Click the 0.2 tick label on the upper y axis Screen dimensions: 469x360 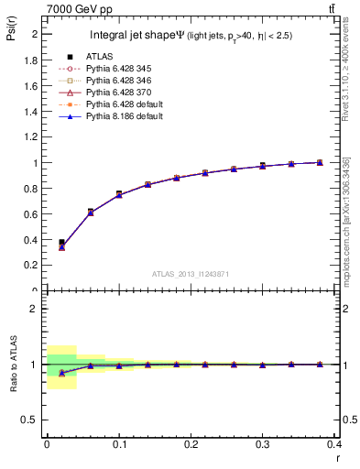point(27,266)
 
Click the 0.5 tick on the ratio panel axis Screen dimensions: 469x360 point(28,420)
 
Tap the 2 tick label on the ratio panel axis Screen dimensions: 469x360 point(32,309)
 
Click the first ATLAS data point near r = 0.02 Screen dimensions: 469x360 point(61,243)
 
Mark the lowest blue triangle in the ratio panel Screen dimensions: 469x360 point(61,373)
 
